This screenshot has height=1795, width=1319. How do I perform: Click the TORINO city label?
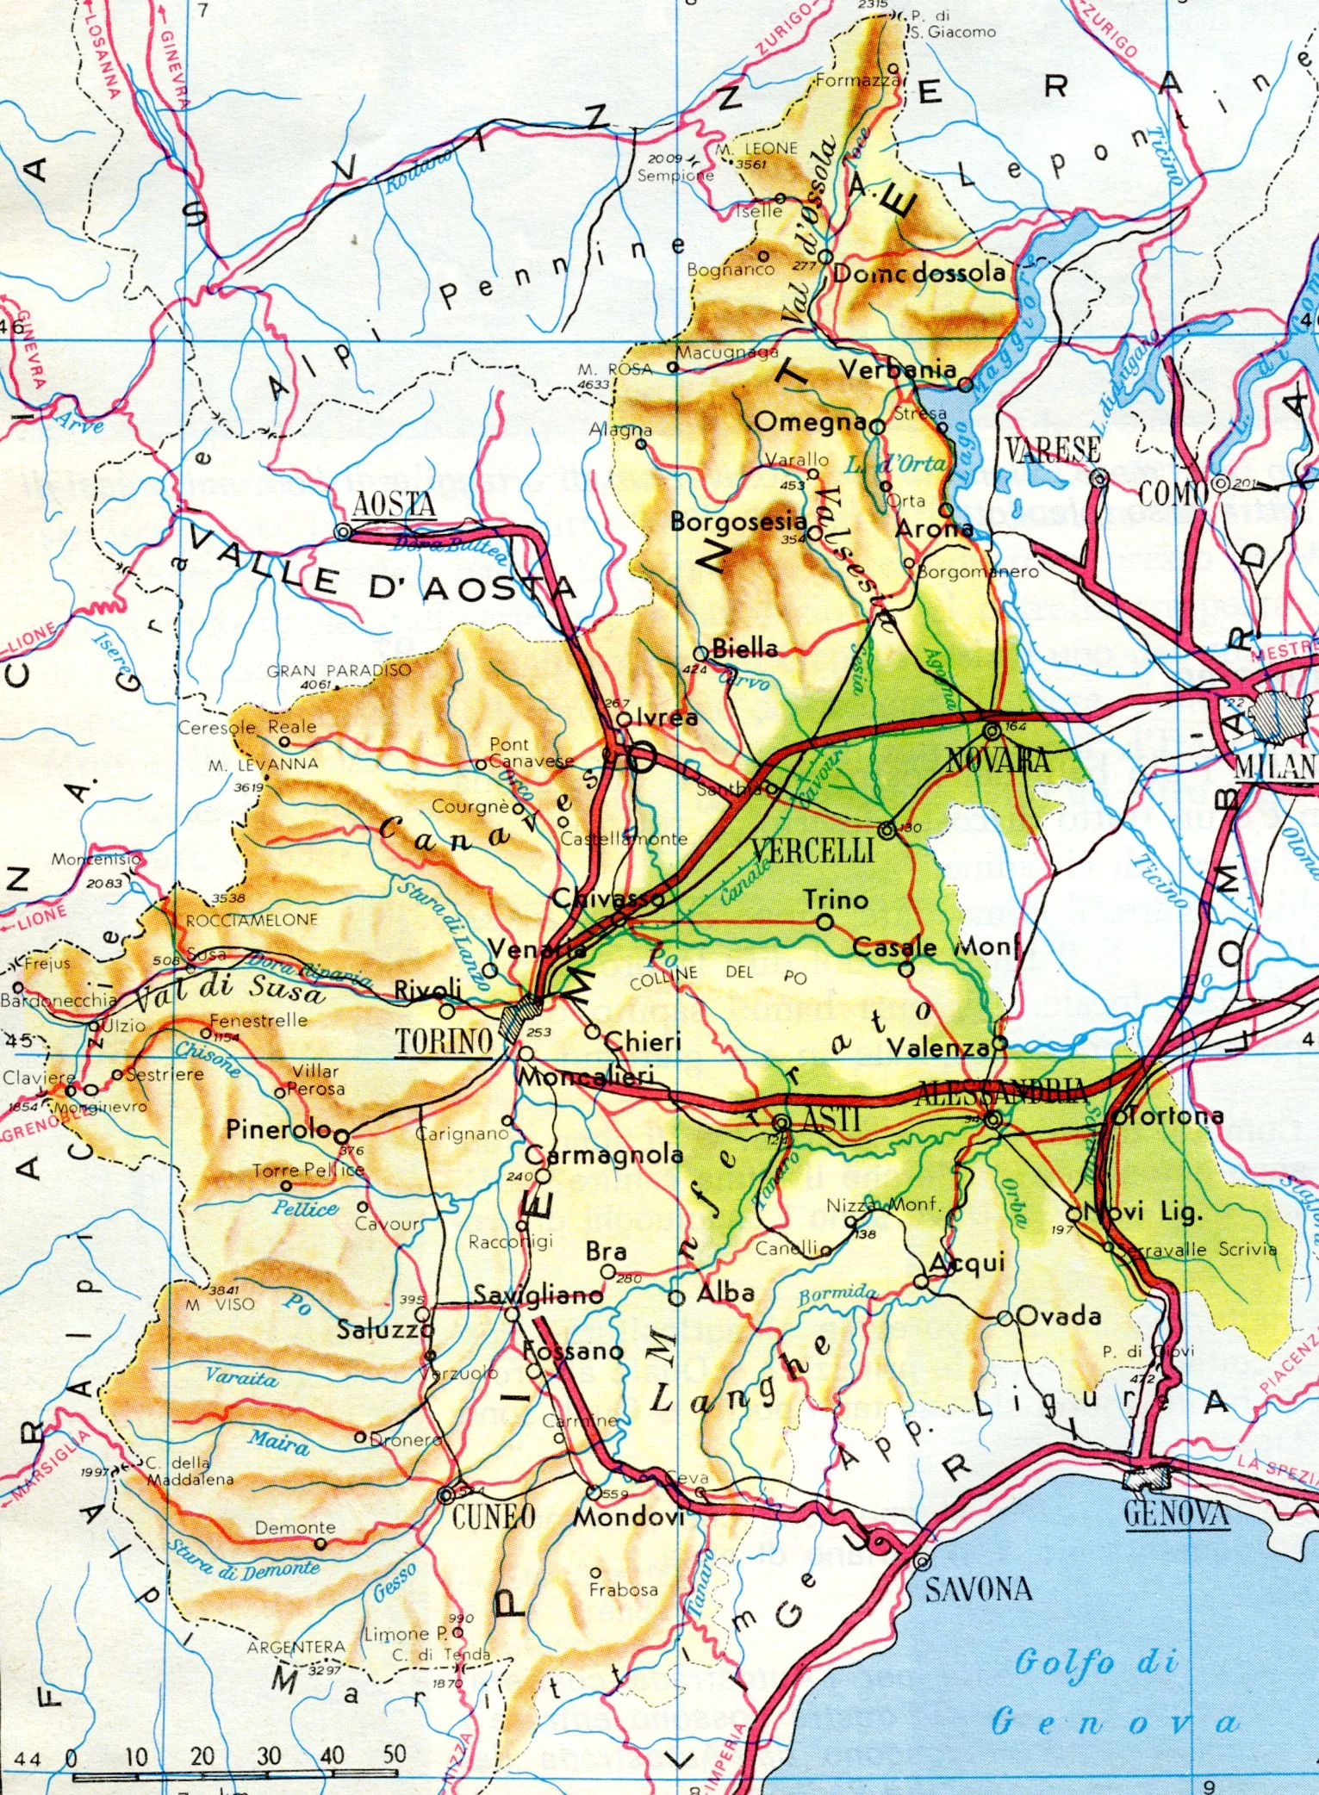(x=444, y=1041)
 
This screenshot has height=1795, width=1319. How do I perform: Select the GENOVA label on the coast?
(x=1176, y=1513)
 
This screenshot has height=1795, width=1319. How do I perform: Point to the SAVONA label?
(x=978, y=1589)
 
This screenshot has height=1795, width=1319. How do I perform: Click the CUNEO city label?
(x=494, y=1517)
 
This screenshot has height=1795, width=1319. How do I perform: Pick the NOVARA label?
(x=998, y=761)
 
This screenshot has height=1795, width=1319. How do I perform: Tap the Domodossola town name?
(x=918, y=274)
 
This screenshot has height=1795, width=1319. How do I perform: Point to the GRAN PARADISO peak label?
(x=339, y=670)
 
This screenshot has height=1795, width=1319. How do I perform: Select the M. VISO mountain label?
(x=221, y=1304)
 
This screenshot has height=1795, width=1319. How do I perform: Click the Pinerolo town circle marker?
(x=342, y=1135)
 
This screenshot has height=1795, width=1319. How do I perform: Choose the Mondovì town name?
(x=628, y=1516)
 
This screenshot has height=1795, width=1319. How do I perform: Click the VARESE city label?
(x=1052, y=450)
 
